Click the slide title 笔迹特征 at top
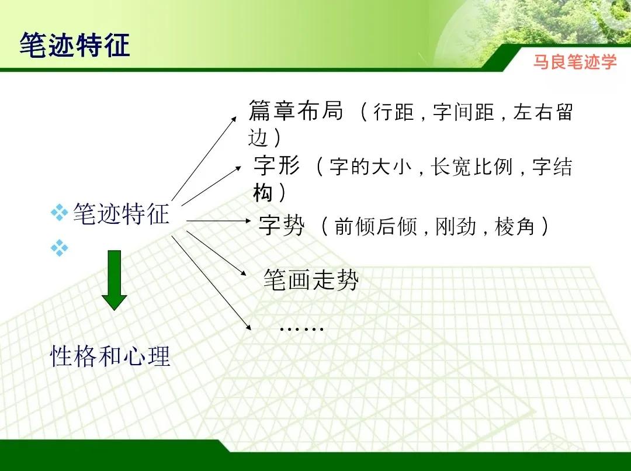point(75,45)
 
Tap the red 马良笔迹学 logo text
point(574,62)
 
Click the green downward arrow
point(115,280)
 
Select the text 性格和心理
point(110,356)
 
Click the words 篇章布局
point(296,110)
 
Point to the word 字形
point(277,167)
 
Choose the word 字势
point(282,226)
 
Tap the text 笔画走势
point(311,281)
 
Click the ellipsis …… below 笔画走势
point(301,328)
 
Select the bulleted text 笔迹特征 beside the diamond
point(121,214)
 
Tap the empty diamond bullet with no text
point(59,248)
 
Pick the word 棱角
point(515,227)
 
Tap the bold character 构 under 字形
point(263,192)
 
